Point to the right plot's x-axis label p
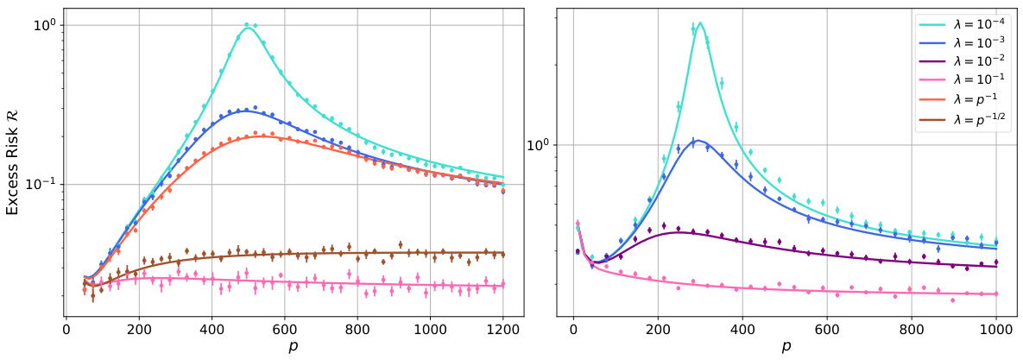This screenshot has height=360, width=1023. (786, 348)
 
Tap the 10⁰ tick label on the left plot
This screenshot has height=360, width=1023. (45, 24)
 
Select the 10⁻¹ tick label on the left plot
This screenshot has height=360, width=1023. (43, 184)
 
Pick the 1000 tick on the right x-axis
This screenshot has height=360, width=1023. (996, 329)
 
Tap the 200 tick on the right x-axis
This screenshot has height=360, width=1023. (658, 329)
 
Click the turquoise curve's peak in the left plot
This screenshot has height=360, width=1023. (249, 28)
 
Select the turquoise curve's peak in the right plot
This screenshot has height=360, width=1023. (700, 22)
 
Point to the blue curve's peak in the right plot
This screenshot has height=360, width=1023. (697, 140)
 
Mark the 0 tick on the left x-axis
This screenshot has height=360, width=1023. (66, 329)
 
